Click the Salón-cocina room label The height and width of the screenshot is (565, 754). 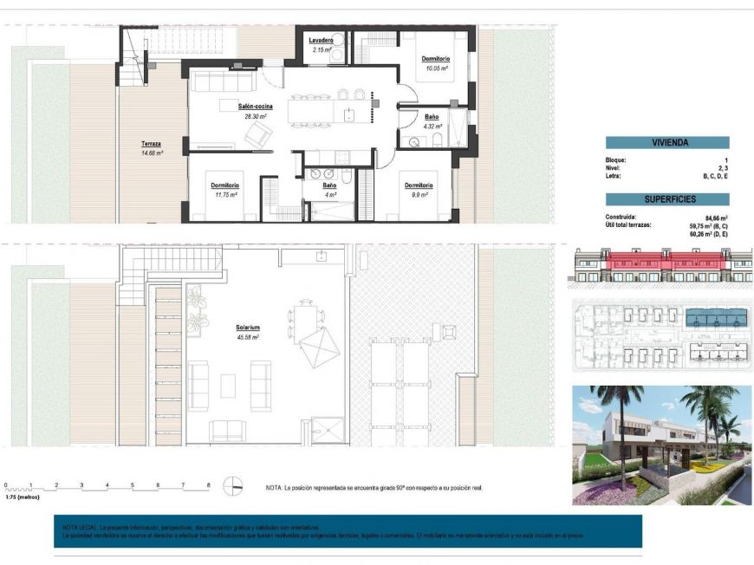coord(253,106)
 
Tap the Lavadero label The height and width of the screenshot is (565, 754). coord(322,41)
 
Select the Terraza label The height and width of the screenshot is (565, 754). coord(152,144)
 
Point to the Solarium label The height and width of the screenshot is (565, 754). coord(248,328)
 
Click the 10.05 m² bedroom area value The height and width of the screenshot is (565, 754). coord(435,68)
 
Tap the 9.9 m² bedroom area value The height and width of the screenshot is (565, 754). coord(419,195)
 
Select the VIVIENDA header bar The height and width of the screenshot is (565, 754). coord(666,143)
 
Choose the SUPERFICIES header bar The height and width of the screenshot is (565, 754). coord(666,199)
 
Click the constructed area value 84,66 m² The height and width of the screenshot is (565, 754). coord(716,218)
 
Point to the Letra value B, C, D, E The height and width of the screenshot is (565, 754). coord(714,176)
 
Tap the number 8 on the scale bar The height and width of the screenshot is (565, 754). coord(209,485)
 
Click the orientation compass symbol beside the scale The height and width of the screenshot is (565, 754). coord(233,487)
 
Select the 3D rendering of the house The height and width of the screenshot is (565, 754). coord(662,445)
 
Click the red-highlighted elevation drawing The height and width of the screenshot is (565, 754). coord(662,266)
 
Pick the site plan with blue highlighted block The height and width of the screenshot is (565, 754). coord(662,334)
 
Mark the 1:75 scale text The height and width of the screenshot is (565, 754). coord(22,497)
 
